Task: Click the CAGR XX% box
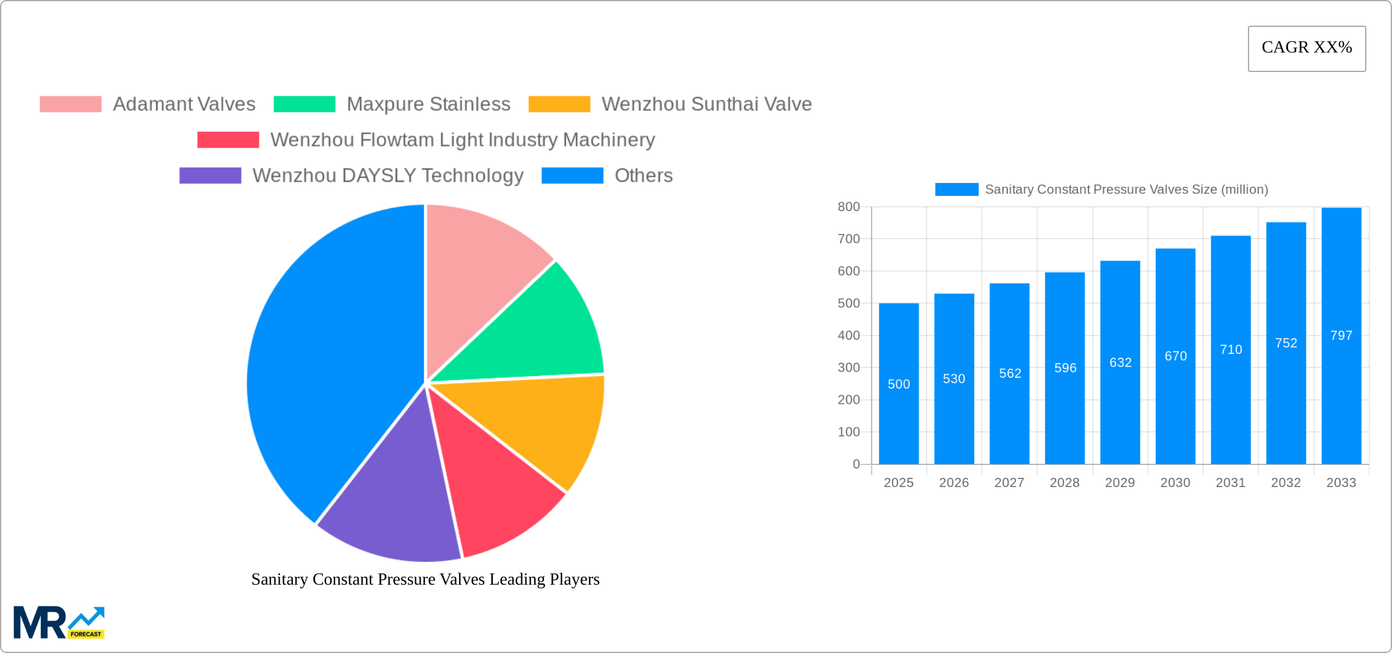click(1307, 48)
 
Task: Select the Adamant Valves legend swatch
click(70, 104)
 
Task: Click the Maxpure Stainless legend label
click(428, 104)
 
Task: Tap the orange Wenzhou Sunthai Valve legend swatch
click(559, 104)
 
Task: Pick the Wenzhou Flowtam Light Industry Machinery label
click(462, 140)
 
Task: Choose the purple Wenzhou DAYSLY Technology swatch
click(210, 176)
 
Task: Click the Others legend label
click(643, 176)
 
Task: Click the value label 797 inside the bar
click(1341, 336)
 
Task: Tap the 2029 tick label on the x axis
click(1120, 483)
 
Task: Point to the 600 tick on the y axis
click(849, 271)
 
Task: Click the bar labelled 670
click(1175, 378)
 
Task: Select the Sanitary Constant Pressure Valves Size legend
click(1101, 190)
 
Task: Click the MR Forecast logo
click(59, 622)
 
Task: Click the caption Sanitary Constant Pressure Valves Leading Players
click(426, 579)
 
